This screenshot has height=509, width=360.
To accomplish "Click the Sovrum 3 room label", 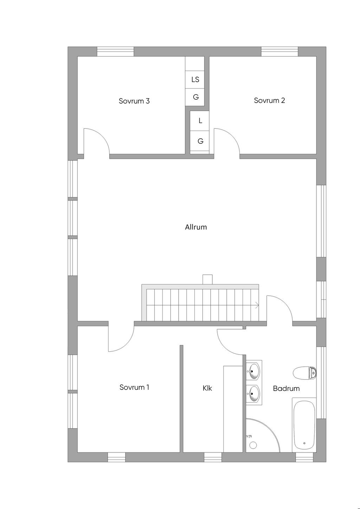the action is (x=134, y=101).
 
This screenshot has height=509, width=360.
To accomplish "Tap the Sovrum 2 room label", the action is (x=269, y=100).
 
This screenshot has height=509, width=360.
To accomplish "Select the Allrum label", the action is (x=196, y=227).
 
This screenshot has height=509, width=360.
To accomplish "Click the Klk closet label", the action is (x=207, y=388).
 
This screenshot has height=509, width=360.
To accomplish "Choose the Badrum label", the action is (x=286, y=389).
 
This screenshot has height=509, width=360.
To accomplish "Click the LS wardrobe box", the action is (x=195, y=79).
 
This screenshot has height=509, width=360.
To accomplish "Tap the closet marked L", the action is (x=199, y=120).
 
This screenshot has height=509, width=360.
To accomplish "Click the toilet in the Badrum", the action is (x=304, y=373).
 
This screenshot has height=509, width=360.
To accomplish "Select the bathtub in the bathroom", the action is (x=304, y=425).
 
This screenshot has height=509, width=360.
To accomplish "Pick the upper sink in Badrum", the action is (x=254, y=371).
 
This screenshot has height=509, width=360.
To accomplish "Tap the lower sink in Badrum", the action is (x=254, y=394).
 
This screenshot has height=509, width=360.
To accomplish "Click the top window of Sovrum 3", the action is (x=116, y=52).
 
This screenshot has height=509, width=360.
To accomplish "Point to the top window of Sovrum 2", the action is (x=279, y=52).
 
